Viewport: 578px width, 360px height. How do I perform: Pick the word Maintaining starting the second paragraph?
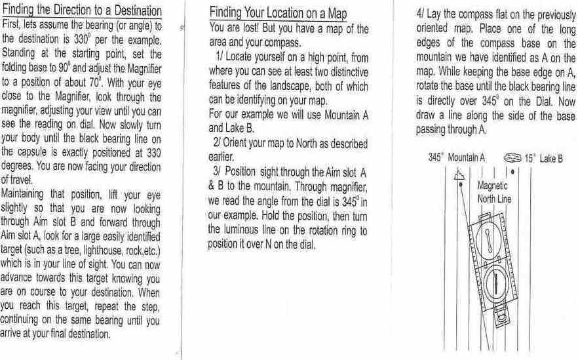22,194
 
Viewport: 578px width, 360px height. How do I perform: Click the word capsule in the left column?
31,152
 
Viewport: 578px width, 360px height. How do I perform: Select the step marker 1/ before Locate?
220,56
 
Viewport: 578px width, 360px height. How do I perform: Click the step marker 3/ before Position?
217,172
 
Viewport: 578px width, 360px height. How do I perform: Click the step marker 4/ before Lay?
420,14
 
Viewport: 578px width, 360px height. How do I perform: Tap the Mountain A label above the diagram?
467,158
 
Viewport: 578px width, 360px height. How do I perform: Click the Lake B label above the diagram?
551,159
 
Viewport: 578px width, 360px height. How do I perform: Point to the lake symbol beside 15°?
512,158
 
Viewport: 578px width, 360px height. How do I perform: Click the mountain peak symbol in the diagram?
459,174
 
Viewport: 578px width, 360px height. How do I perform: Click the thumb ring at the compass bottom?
502,317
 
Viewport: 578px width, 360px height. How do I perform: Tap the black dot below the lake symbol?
512,172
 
